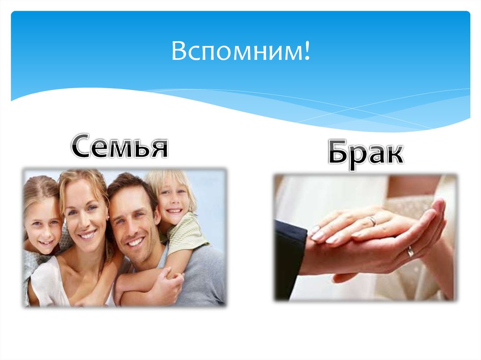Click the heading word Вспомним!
tap(240, 52)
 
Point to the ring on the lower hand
tap(410, 251)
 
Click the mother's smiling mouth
tap(88, 234)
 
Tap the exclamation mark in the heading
tap(307, 52)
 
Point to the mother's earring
tap(108, 219)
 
